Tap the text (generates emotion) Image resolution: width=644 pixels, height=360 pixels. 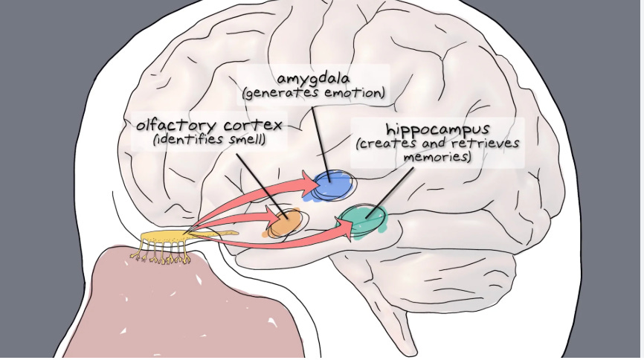(312, 94)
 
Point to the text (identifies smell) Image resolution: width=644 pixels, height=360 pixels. (210, 139)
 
